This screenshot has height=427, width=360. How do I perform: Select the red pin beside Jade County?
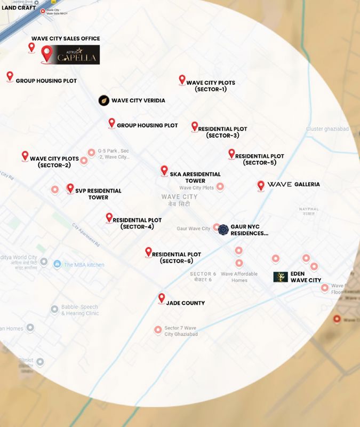tap(162, 299)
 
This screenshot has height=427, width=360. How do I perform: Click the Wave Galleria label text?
tap(294, 184)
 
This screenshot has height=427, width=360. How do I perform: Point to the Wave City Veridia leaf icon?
tap(104, 100)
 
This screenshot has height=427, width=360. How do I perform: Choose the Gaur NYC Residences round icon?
tap(223, 230)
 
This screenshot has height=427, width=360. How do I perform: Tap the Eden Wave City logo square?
tap(281, 276)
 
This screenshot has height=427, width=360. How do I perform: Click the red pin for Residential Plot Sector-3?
tap(195, 126)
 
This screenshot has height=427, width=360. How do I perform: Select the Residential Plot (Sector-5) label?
tap(260, 159)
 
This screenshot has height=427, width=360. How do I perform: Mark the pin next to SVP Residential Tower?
tap(70, 188)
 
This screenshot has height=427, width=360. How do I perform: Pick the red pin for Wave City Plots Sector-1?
tap(182, 80)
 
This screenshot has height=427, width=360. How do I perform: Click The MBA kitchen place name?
tap(84, 265)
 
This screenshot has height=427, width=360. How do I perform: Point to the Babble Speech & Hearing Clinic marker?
tap(54, 310)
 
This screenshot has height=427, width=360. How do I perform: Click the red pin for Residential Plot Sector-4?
tap(109, 217)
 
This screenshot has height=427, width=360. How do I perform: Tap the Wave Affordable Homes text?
tap(239, 277)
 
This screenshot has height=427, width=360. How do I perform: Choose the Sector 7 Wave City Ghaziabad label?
tap(181, 330)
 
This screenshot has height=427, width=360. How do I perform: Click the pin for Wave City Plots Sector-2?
tap(25, 156)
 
